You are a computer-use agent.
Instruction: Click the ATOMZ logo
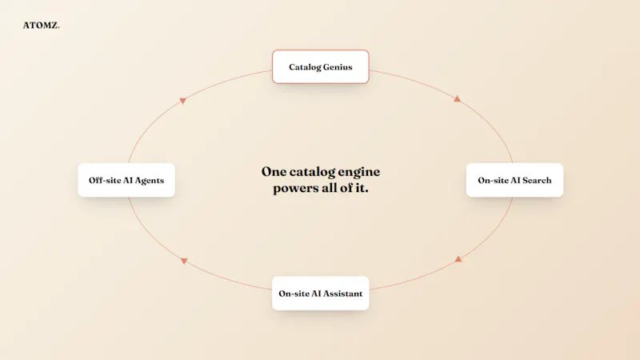pos(42,26)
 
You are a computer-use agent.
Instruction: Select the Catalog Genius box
pos(321,67)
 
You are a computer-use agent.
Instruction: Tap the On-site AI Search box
pos(514,180)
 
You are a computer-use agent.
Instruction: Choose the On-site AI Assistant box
pos(321,294)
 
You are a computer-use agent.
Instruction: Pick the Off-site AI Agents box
pos(126,180)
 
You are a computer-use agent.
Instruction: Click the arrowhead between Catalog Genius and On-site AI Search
pos(457,98)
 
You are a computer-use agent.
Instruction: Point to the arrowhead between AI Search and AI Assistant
pos(458,259)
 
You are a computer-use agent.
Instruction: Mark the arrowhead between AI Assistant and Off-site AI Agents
pos(184,261)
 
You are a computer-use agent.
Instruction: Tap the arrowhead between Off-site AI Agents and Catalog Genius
pos(183,101)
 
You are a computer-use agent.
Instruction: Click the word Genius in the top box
pos(338,67)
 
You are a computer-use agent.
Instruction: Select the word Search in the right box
pos(537,181)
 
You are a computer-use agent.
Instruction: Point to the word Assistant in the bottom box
pos(342,294)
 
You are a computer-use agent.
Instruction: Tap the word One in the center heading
pos(274,171)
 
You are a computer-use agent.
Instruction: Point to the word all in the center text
pos(327,188)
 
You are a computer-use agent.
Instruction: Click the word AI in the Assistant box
pos(316,294)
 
